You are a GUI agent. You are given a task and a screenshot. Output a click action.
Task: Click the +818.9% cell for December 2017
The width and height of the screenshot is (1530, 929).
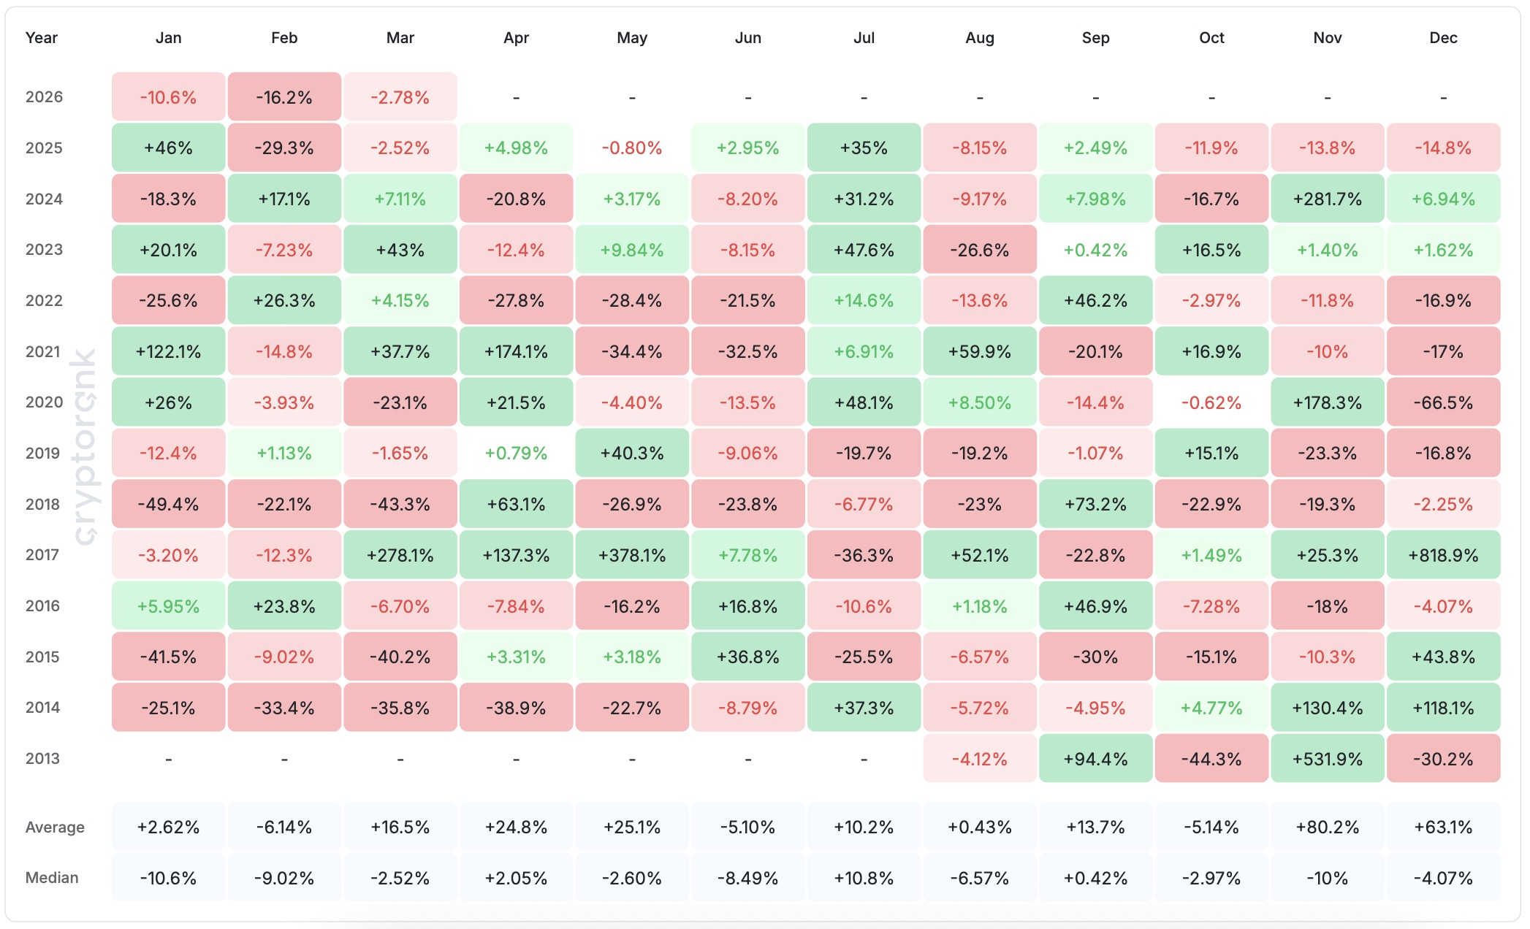point(1443,555)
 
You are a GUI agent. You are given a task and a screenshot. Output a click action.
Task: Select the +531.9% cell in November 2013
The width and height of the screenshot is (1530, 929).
point(1327,759)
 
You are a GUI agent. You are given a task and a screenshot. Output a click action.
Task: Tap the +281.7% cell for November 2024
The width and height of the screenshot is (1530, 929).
point(1327,199)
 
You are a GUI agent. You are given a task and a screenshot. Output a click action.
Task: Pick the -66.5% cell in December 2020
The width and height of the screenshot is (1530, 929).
point(1443,402)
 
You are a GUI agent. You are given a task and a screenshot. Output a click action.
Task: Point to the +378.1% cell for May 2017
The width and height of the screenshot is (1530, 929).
point(632,555)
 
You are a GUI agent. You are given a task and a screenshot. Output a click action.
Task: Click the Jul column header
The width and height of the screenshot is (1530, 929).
point(864,38)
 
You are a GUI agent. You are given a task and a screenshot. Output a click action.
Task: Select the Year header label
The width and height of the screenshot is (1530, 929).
point(42,38)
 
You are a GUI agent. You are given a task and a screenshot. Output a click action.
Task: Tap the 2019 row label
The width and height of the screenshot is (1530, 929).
point(43,453)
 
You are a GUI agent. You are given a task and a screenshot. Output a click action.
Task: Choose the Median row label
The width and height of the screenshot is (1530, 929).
point(52,878)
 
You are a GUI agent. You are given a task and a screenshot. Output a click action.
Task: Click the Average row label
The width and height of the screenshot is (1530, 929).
point(55,827)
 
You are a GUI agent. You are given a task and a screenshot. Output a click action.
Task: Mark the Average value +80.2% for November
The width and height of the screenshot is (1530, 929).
point(1327,827)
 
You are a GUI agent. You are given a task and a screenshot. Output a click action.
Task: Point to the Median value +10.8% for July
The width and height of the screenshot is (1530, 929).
point(864,878)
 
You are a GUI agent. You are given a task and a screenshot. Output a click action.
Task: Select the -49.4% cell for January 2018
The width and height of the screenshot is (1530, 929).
point(168,504)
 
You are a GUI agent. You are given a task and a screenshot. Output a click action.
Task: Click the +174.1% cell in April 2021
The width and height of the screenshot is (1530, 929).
point(516,351)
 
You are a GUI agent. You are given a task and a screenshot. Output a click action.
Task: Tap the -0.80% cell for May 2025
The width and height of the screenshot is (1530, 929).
point(632,148)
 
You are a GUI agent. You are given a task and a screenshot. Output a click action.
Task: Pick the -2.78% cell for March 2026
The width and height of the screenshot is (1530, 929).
point(400,97)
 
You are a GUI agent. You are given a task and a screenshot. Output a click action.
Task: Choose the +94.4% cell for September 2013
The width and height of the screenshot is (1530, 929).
point(1095,759)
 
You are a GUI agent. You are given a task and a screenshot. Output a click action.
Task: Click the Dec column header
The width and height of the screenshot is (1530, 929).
point(1443,38)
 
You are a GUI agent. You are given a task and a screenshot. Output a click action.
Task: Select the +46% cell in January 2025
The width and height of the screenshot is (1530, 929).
point(168,148)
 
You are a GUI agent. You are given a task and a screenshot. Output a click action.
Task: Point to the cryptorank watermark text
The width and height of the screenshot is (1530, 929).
point(85,447)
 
